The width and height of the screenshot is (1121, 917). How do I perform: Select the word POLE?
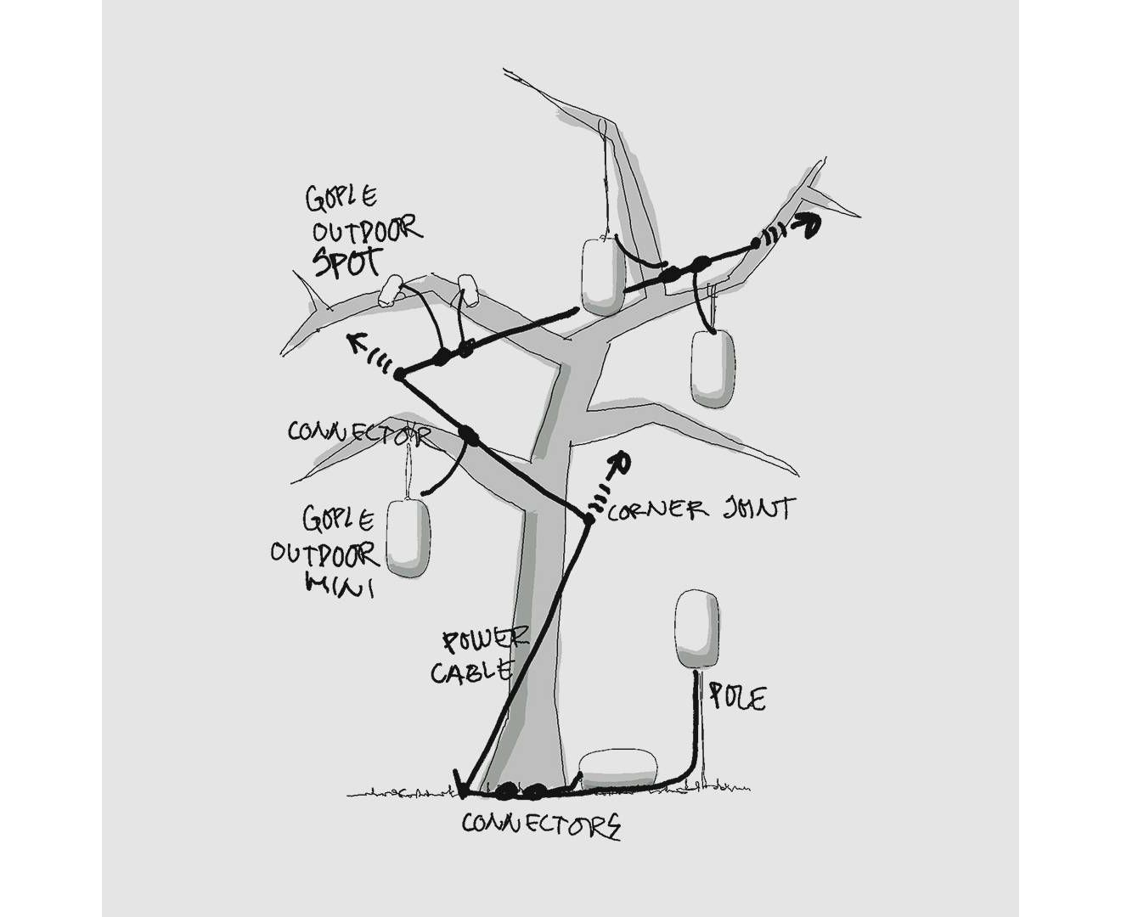click(737, 698)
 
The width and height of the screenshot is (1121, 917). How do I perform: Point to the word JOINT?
click(758, 509)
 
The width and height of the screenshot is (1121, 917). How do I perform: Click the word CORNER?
click(657, 510)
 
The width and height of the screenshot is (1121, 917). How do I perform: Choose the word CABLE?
click(472, 671)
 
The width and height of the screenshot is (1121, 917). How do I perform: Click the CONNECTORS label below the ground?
click(541, 824)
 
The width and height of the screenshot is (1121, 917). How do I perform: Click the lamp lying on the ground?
click(617, 768)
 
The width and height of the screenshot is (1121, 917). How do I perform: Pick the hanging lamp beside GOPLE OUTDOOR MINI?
click(408, 538)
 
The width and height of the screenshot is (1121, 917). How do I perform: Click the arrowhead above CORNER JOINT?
click(621, 461)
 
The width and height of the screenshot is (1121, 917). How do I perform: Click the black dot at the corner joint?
click(587, 518)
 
